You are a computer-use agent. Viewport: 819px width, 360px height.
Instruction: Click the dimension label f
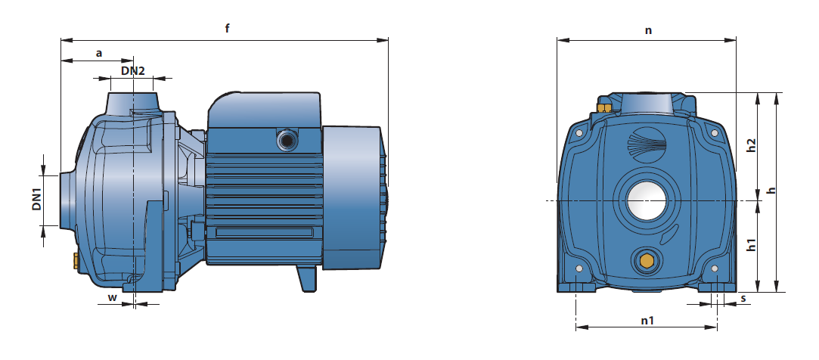pos(227,28)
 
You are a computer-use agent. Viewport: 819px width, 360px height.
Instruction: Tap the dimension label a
pos(99,53)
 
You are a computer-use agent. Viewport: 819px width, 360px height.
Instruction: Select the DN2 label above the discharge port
pos(132,70)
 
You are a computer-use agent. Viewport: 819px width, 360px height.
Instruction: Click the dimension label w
pos(112,297)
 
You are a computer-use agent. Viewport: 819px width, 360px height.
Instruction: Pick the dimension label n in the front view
pos(648,30)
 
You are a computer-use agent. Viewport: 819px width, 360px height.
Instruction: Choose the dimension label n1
pos(647,320)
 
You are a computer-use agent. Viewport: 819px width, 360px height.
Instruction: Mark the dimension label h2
pos(752,145)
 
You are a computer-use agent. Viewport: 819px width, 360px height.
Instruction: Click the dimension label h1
pos(752,244)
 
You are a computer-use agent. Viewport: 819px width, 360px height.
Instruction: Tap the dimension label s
pos(743,299)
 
